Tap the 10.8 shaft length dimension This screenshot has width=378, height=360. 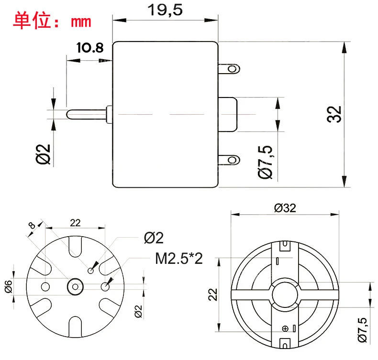point(89,48)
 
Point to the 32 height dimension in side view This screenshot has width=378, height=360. point(336,114)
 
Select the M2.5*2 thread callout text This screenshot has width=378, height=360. point(179,259)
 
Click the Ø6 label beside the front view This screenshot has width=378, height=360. point(8,286)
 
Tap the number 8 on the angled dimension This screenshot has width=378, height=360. point(32,226)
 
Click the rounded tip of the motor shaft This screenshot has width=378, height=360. point(69,114)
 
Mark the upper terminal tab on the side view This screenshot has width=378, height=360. point(229,69)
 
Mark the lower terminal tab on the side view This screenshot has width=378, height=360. point(229,159)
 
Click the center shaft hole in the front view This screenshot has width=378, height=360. point(75,286)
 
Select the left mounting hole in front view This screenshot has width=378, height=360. point(46,286)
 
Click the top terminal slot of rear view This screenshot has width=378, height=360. point(286,246)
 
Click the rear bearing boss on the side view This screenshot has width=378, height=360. point(229,114)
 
